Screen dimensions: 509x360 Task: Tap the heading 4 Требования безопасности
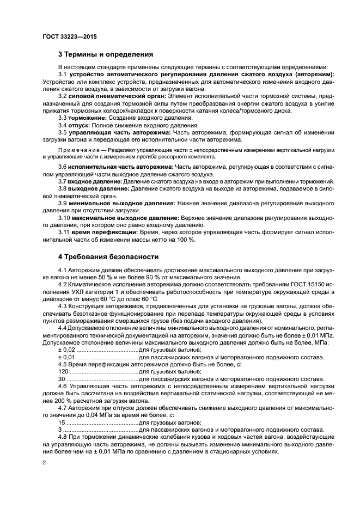(x=108, y=256)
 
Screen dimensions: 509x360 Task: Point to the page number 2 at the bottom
(x=44, y=462)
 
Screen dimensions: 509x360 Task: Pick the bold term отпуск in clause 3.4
(x=81, y=125)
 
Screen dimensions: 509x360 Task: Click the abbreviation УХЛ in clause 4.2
(x=81, y=291)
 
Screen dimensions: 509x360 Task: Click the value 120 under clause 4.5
(x=63, y=371)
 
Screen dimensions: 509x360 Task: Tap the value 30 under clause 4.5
(x=61, y=378)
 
